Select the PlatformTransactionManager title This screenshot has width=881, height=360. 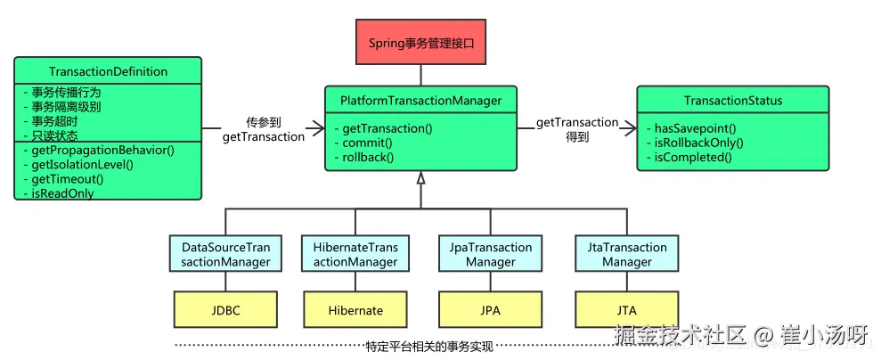(420, 101)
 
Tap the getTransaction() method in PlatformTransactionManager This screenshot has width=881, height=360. (387, 128)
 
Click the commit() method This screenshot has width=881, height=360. (367, 143)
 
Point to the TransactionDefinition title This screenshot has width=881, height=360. (108, 71)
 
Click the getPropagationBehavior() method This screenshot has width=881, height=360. (96, 150)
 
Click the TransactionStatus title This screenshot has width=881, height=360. (732, 101)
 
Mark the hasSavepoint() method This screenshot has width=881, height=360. (695, 128)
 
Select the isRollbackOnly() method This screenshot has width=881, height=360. (698, 143)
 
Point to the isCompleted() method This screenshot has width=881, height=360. (692, 157)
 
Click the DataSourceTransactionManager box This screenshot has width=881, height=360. (225, 254)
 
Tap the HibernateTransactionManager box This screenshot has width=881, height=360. (355, 254)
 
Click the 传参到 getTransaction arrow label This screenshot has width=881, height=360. (263, 129)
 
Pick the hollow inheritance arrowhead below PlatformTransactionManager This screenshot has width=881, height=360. (420, 179)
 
